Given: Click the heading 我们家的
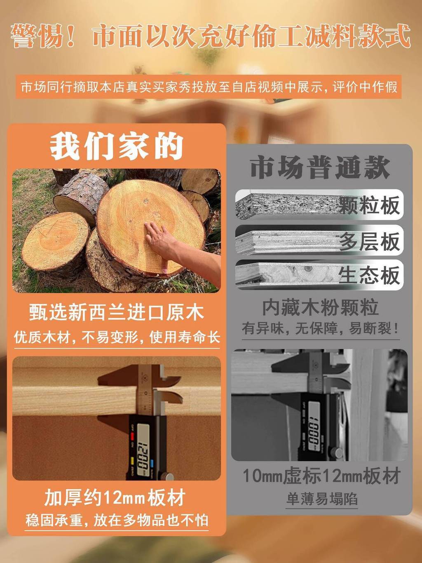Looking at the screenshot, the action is pos(117,146).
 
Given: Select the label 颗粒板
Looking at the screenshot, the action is pos(369,205).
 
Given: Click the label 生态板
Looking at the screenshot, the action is pos(369,275).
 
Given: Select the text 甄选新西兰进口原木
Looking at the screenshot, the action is pos(117,312).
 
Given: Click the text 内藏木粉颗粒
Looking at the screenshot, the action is pos(320,308).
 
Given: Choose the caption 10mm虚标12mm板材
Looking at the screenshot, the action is pos(321,476).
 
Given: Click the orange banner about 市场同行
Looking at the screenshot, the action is pos(209,87).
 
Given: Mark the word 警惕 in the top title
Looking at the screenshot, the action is pos(37,35).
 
